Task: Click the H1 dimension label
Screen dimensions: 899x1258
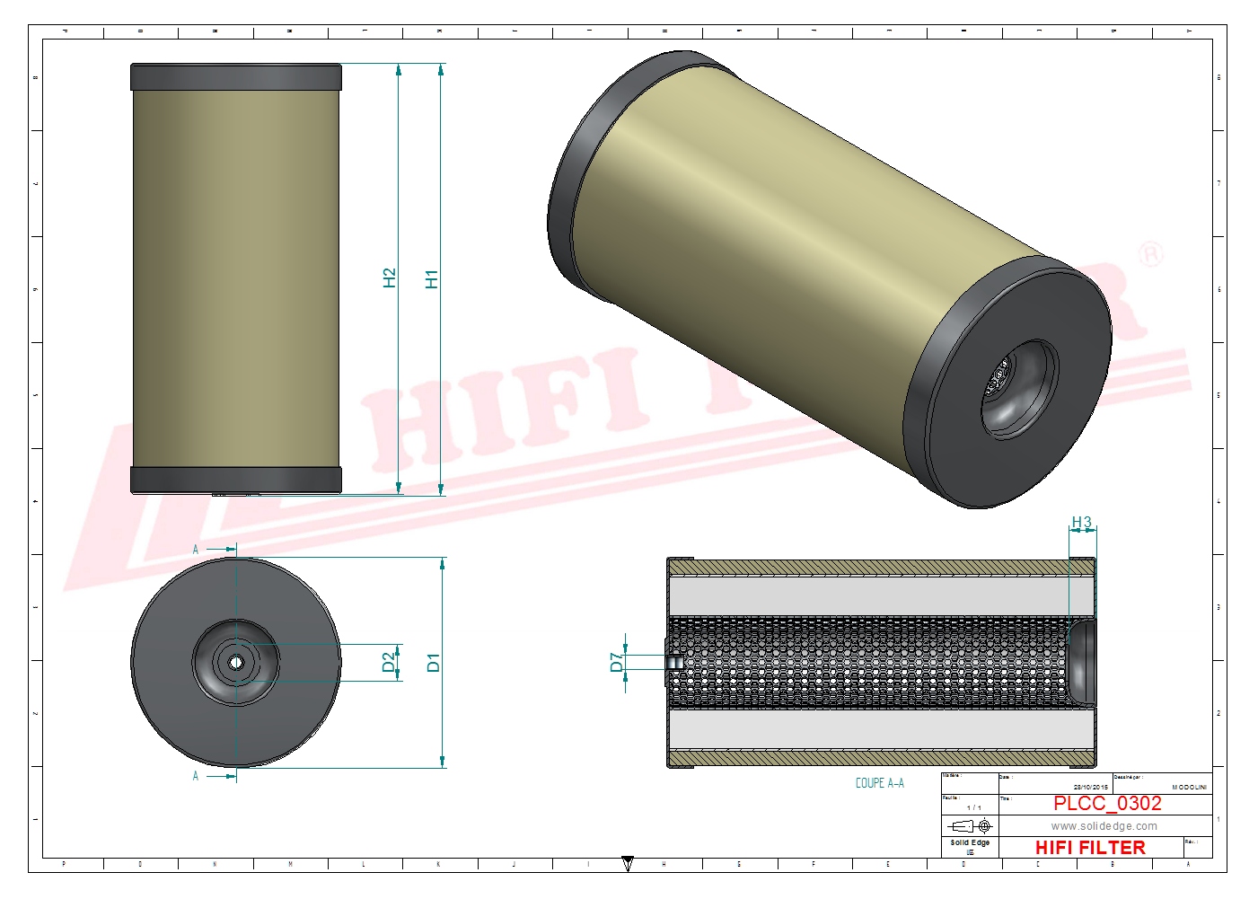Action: tap(432, 279)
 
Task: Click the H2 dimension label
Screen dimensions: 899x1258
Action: tap(389, 278)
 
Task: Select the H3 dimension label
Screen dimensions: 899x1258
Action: tap(1081, 523)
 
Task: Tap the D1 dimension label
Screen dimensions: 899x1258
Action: tap(434, 663)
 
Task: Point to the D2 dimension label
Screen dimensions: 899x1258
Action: tap(389, 662)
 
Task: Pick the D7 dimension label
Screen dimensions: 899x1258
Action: tap(616, 662)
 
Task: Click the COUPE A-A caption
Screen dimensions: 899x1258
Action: tap(879, 783)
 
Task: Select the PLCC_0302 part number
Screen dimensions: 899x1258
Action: tap(1107, 803)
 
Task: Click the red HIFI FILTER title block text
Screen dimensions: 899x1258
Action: tap(1090, 847)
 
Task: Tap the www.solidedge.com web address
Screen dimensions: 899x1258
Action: tap(1104, 826)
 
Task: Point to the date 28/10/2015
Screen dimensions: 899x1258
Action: tap(1090, 787)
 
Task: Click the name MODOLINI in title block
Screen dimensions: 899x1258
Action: tap(1189, 787)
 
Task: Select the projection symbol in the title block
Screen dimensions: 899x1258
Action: tap(970, 825)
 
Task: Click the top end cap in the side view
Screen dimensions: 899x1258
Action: tap(236, 77)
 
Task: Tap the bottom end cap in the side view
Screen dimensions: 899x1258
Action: tap(236, 480)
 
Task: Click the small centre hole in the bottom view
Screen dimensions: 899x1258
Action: tap(236, 663)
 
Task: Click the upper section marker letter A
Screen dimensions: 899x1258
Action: tap(196, 549)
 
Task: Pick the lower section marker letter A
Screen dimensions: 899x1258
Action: tap(196, 776)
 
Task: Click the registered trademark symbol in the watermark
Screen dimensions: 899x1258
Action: tap(1150, 254)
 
